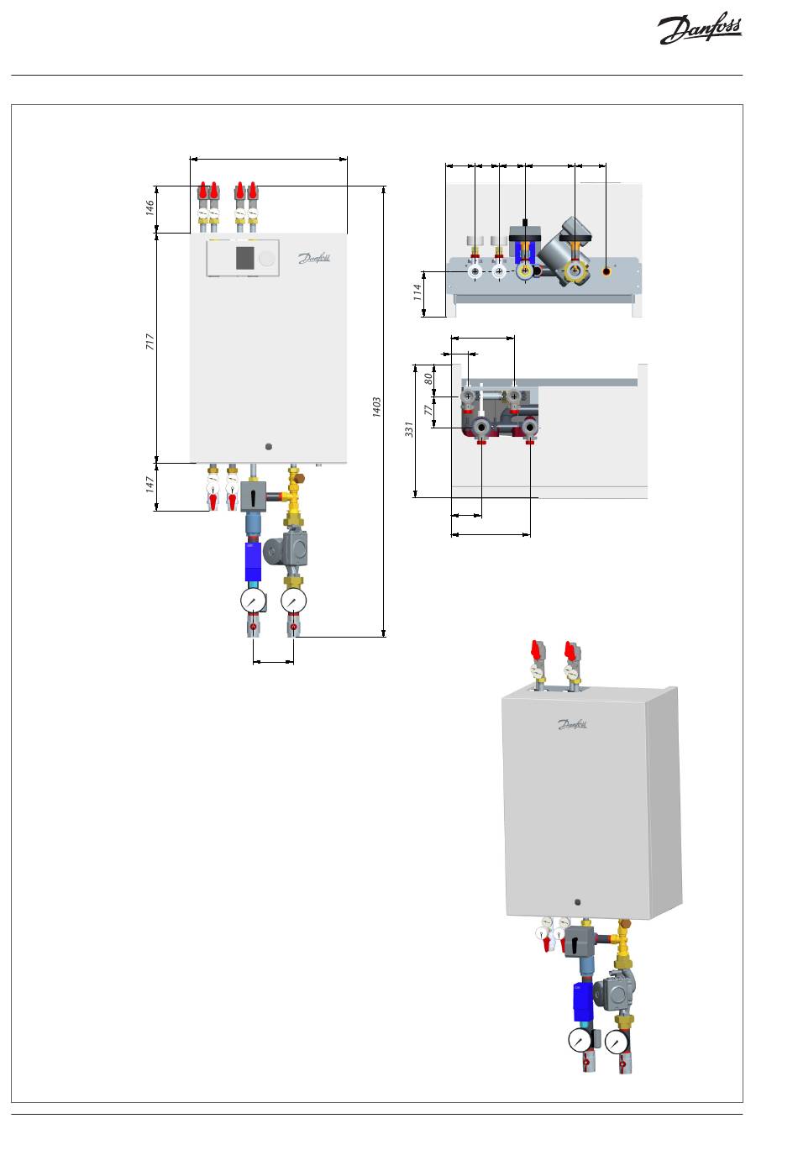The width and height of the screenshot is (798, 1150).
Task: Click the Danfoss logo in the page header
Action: tap(700, 29)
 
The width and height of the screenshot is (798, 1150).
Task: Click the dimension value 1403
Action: tap(376, 407)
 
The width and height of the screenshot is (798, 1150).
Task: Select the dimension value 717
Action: tap(150, 341)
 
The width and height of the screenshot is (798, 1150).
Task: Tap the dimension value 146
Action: tap(150, 207)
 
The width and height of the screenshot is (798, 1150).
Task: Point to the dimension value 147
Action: tap(150, 484)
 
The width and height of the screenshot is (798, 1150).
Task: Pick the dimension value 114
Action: tap(417, 292)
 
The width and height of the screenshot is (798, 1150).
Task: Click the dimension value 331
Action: tap(409, 429)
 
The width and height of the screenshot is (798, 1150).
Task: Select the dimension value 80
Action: tap(428, 379)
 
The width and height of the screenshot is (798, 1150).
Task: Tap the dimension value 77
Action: tap(428, 410)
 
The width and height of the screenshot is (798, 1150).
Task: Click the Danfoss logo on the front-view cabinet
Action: tap(314, 258)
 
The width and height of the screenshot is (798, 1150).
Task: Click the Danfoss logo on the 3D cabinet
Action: tap(572, 724)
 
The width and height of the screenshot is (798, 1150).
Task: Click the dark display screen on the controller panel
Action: tap(245, 258)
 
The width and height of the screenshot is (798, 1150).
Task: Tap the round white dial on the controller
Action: tap(266, 258)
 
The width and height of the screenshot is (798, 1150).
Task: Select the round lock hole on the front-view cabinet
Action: tap(269, 447)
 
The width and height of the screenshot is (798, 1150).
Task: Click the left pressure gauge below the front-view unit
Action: tap(253, 600)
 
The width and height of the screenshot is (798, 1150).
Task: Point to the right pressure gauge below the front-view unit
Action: tap(294, 600)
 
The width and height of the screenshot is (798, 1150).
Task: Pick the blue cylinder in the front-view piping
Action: tap(253, 562)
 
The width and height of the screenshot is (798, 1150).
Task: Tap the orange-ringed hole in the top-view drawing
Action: tap(606, 271)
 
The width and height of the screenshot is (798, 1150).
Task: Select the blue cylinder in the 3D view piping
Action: tap(583, 1000)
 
